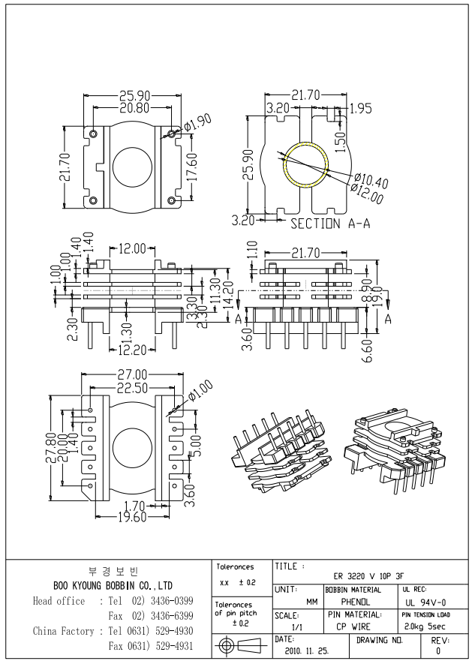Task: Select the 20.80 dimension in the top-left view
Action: point(132,108)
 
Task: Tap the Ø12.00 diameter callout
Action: point(367,194)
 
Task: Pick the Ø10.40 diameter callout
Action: point(371,181)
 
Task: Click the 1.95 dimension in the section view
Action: point(360,108)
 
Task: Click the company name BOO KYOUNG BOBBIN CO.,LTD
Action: point(113,585)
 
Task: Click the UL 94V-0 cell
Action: point(425,602)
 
